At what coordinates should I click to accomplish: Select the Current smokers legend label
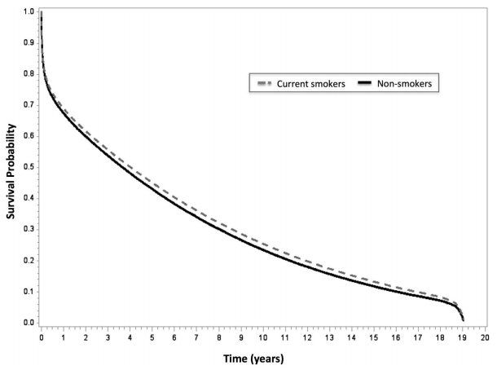[309, 82]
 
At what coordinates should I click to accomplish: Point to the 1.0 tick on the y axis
[29, 12]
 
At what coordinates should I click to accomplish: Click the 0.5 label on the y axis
[29, 168]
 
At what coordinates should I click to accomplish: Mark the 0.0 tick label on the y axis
[29, 323]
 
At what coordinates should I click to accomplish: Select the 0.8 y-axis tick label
[29, 74]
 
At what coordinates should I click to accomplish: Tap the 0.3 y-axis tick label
[29, 230]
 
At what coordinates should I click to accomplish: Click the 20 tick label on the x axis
[486, 336]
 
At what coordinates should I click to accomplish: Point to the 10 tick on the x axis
[263, 336]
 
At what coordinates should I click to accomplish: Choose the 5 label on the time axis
[152, 336]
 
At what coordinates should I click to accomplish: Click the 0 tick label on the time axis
[42, 336]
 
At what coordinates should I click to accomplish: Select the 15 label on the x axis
[375, 336]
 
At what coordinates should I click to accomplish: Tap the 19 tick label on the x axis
[464, 336]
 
